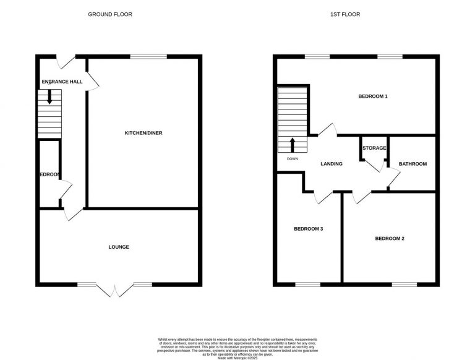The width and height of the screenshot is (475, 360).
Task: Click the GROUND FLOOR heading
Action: (109, 14)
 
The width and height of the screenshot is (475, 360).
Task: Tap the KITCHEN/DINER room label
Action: (143, 133)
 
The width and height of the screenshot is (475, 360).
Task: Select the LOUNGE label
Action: (119, 247)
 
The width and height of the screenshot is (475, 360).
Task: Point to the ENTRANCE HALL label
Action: (62, 82)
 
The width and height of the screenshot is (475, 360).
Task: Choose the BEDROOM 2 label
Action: (390, 239)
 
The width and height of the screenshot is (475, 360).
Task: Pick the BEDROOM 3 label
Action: (309, 229)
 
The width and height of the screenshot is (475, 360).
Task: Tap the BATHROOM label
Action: (413, 164)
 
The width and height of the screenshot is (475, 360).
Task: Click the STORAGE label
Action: (374, 148)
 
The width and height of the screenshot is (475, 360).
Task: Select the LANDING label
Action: (332, 164)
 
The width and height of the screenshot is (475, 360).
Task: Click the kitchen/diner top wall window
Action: (148, 57)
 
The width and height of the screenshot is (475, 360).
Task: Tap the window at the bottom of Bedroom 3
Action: (307, 285)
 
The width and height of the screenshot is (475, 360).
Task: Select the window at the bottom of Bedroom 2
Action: (404, 285)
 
